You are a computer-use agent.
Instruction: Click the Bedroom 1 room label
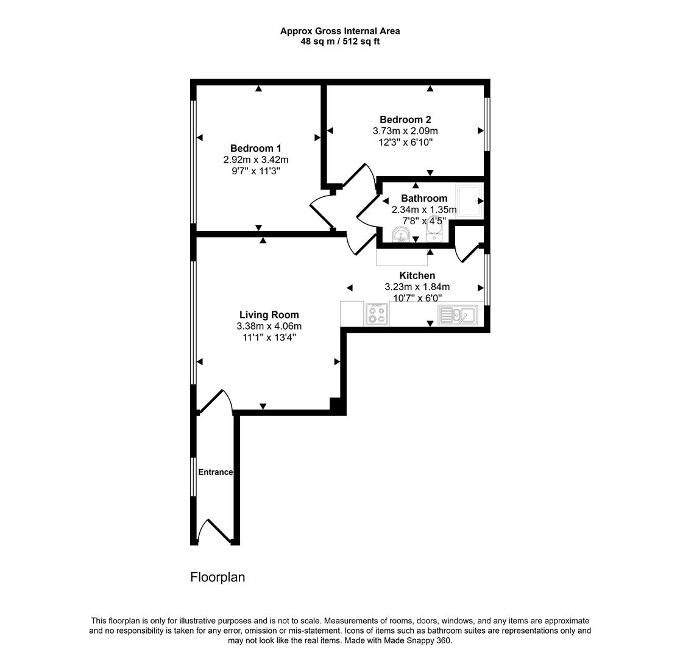point(255,149)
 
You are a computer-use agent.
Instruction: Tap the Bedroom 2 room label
point(405,120)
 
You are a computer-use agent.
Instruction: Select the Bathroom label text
point(424,199)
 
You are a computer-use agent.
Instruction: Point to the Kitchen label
point(417,276)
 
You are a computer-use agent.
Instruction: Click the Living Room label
point(269,315)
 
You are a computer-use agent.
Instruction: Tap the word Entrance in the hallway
point(215,472)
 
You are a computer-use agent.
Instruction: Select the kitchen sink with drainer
point(457,315)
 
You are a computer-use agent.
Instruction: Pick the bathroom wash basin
point(400,235)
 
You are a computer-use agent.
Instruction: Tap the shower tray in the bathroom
point(469,200)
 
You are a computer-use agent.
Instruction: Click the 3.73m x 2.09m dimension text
point(405,131)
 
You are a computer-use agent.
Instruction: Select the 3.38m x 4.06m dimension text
point(269,327)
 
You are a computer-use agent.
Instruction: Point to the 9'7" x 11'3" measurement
point(255,171)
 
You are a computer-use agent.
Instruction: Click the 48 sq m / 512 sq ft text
point(340,41)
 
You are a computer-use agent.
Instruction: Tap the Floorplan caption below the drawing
point(218,577)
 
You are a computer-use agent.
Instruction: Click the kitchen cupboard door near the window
point(469,253)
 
